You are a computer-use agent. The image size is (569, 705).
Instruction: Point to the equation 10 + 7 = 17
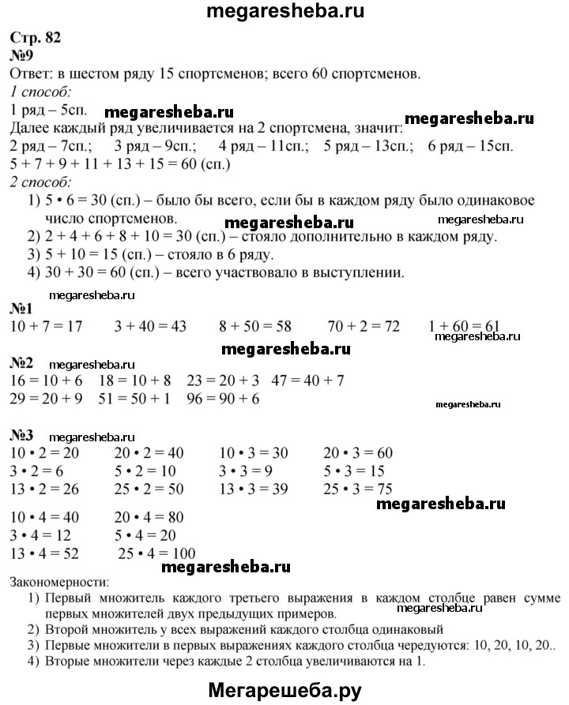click(x=46, y=325)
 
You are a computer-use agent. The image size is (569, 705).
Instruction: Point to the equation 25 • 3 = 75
click(x=359, y=489)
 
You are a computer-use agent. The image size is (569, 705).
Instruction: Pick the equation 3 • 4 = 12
click(x=42, y=536)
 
